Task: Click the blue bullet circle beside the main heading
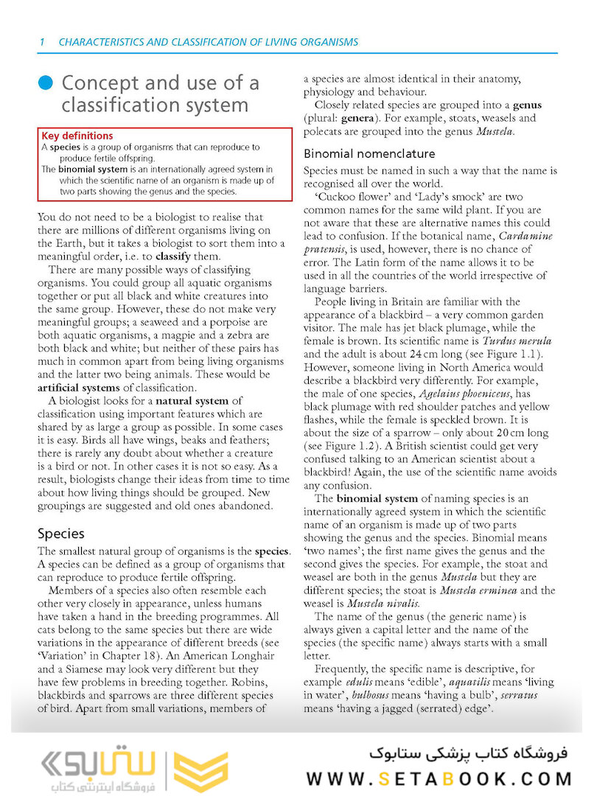(x=46, y=83)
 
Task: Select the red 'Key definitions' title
(x=77, y=136)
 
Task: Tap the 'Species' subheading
(x=61, y=534)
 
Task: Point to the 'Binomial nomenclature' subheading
(x=369, y=154)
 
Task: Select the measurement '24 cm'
(x=405, y=355)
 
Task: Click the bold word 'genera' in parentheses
(x=362, y=119)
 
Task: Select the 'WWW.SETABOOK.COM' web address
(x=439, y=779)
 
